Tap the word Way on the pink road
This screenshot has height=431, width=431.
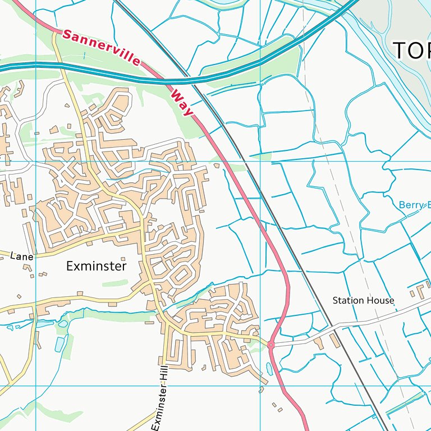click(x=182, y=101)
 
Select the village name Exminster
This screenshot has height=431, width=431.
click(x=96, y=266)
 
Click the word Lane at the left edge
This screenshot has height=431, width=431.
click(x=22, y=256)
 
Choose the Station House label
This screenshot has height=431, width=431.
click(x=363, y=301)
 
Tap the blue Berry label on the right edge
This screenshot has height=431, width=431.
click(x=414, y=205)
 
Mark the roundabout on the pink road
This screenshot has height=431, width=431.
click(x=270, y=344)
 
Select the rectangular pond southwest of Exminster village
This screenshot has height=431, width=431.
click(x=60, y=343)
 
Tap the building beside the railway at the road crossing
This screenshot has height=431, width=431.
click(x=335, y=341)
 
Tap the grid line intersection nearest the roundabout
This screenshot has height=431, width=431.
click(x=260, y=386)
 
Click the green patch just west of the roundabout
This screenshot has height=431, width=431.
click(x=256, y=349)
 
